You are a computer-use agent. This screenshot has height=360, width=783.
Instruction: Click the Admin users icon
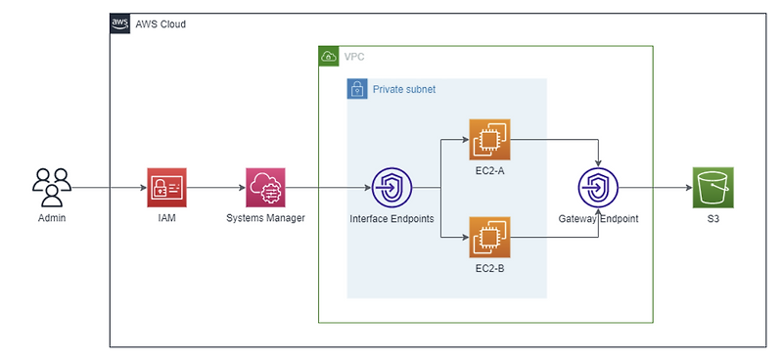(52, 186)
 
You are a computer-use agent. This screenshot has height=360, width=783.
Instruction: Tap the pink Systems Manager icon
(265, 187)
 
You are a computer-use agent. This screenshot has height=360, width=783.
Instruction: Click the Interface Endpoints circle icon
(391, 187)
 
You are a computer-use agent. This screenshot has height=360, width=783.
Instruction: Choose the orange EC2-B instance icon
(488, 237)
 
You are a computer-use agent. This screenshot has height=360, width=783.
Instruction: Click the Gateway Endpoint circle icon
(598, 187)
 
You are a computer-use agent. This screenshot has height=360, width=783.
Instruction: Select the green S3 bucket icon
(713, 187)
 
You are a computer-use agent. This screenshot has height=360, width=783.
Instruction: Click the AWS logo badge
(119, 23)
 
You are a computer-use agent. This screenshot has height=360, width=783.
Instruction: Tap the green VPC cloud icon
(329, 57)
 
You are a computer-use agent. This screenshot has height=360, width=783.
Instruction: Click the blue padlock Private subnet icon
(357, 89)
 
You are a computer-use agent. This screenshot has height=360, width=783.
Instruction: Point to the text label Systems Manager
(265, 218)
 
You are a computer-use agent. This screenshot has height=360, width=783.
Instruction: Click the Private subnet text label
(404, 89)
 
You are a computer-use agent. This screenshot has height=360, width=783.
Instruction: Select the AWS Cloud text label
(160, 23)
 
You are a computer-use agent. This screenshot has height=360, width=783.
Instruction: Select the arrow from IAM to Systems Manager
(215, 187)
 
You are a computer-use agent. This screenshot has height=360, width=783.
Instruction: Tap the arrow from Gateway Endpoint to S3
(654, 187)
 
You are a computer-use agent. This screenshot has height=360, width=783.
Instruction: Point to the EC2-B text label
(488, 267)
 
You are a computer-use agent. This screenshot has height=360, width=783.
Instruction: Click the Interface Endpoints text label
(391, 218)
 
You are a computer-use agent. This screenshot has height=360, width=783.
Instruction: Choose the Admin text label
(52, 217)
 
